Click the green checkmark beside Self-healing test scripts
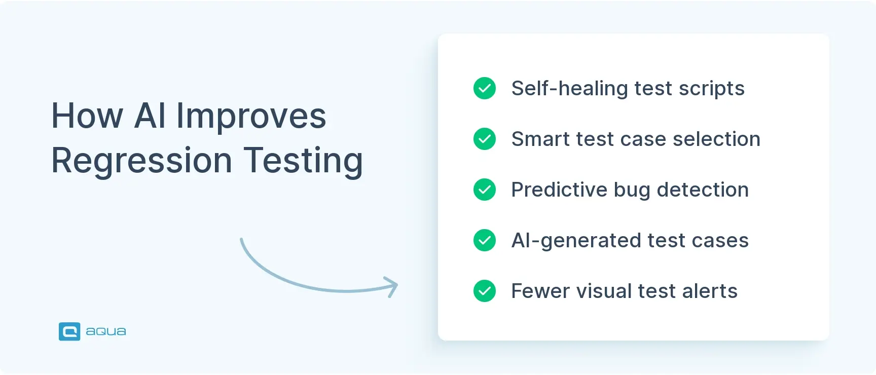485,88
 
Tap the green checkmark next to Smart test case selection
485,139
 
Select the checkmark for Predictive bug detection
485,190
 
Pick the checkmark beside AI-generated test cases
485,240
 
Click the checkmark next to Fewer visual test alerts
485,291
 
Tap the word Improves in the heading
251,117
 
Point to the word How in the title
87,116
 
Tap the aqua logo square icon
69,331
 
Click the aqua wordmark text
106,331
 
